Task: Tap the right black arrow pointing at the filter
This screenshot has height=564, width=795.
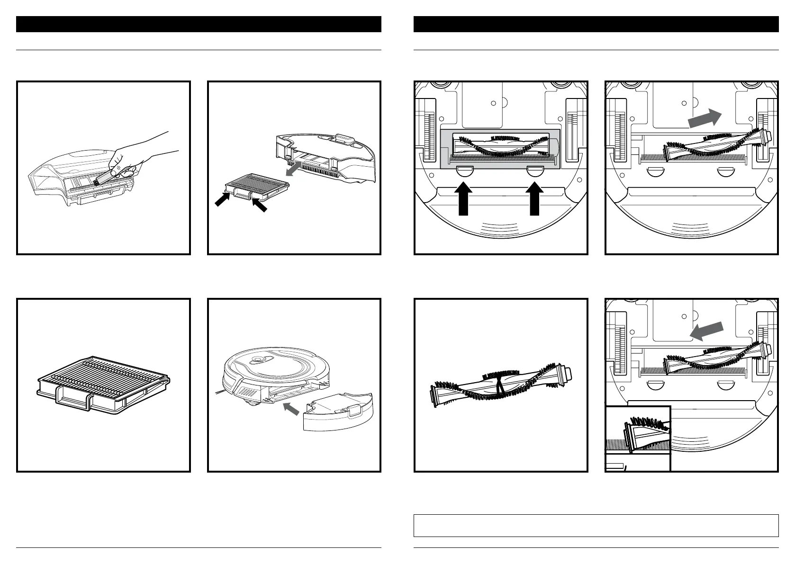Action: point(260,205)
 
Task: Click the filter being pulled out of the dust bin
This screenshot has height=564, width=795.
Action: point(256,188)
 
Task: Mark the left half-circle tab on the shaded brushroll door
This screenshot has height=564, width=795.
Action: point(464,170)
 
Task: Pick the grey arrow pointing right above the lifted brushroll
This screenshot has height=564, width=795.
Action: point(705,117)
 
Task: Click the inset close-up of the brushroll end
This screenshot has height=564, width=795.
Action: point(638,438)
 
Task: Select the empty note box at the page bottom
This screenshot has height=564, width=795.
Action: point(596,525)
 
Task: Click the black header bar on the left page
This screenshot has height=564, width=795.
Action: point(199,24)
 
